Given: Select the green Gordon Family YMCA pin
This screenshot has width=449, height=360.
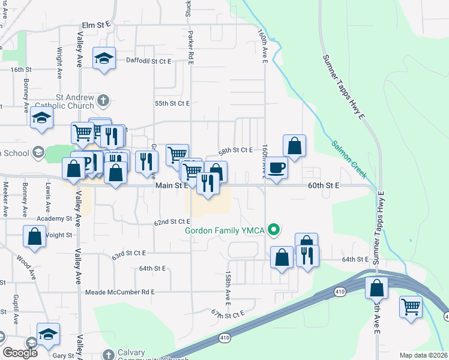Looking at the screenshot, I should pos(274,229).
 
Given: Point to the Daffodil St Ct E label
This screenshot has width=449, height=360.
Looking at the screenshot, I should pos(149,61).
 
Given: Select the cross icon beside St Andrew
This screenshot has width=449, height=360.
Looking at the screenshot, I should pos(103,99).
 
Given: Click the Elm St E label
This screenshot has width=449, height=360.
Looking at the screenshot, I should pos(96,25).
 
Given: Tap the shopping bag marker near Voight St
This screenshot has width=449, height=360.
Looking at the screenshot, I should pos(35,235).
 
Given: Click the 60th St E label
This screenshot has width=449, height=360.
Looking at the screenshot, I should pos(324,186).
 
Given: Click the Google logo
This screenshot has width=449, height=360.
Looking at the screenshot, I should pos(20,353).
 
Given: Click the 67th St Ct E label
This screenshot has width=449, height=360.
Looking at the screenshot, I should pos(228,314).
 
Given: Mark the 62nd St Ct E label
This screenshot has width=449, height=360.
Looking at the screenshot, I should pos(172,222).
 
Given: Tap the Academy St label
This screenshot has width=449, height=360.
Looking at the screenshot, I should pos(54,219).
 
